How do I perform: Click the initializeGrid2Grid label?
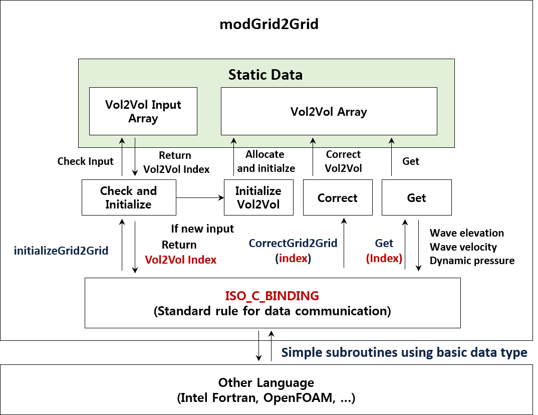61,251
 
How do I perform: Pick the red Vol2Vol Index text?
180,260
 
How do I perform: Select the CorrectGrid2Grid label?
293,244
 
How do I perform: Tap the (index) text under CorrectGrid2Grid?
293,259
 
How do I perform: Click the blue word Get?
384,244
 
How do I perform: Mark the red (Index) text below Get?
384,259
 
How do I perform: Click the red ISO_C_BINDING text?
272,296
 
